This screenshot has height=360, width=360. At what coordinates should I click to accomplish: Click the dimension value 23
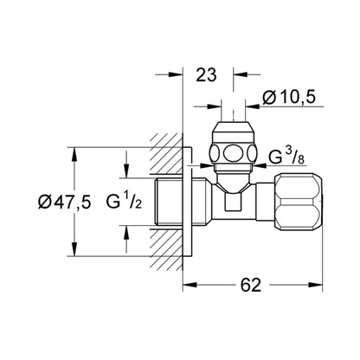pyautogui.click(x=206, y=75)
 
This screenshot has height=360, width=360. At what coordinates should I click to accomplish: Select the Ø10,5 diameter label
pyautogui.click(x=289, y=97)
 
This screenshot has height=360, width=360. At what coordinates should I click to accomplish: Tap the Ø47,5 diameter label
pyautogui.click(x=65, y=202)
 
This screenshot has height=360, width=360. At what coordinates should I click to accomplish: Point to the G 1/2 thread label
pyautogui.click(x=124, y=201)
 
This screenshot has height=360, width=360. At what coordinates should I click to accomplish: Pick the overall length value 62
pyautogui.click(x=251, y=285)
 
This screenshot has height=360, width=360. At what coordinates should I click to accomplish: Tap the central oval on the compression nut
pyautogui.click(x=234, y=153)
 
